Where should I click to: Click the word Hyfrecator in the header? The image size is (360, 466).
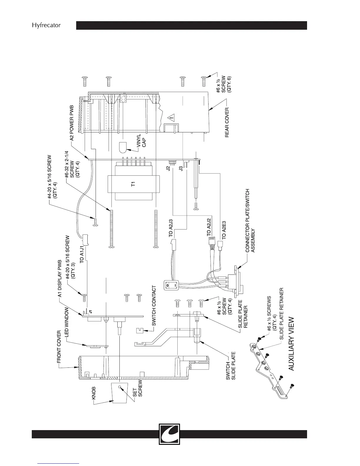coord(46,25)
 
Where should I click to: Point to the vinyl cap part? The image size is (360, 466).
coord(123,147)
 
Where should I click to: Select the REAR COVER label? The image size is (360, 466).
coord(227,120)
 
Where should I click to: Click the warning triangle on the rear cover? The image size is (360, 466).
coord(171,118)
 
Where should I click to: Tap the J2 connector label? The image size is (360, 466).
coord(168,169)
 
